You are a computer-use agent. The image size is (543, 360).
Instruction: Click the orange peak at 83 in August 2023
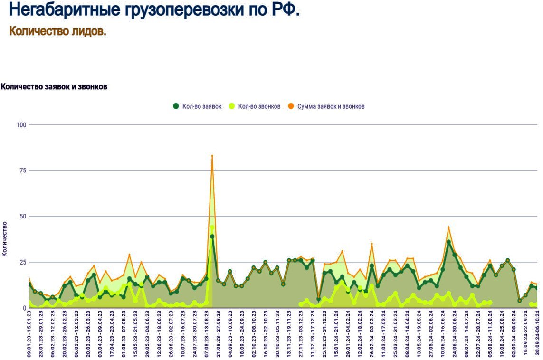212,156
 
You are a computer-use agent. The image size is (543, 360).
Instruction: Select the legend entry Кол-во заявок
201,106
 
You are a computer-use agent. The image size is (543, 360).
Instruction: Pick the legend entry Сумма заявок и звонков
331,106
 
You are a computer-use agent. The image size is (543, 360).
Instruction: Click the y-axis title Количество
5,239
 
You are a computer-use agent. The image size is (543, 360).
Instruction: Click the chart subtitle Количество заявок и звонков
54,87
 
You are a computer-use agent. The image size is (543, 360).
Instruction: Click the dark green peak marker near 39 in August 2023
212,237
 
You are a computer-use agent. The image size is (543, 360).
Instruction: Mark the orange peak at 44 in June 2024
448,227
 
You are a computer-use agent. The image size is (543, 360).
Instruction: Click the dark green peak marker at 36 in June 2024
448,242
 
